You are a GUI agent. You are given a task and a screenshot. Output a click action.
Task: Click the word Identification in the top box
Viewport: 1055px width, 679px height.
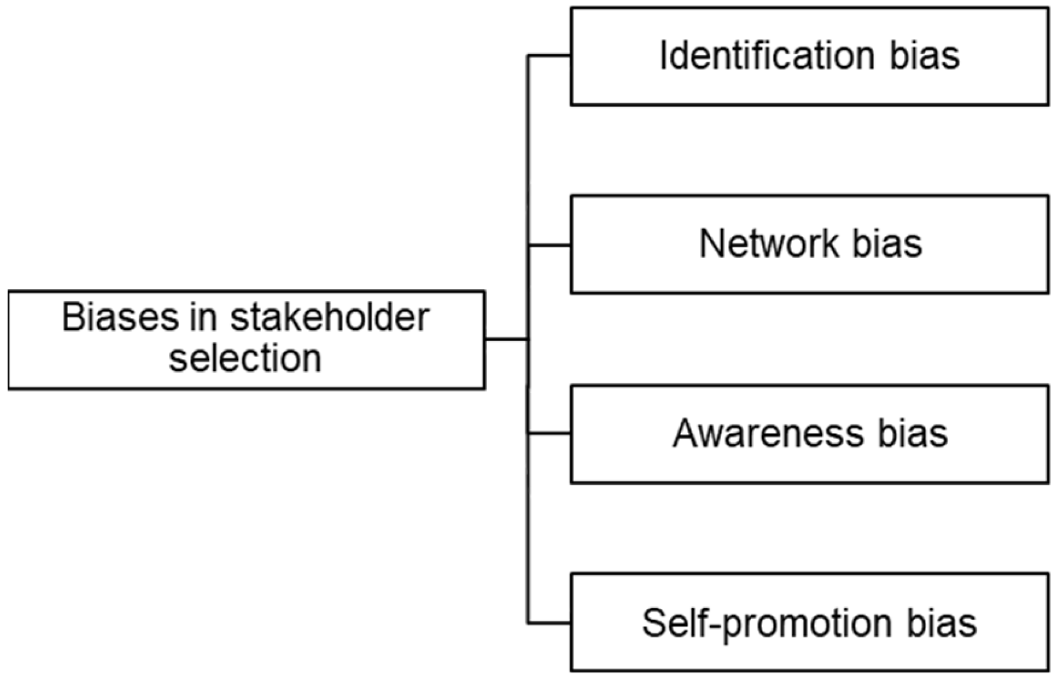coord(767,56)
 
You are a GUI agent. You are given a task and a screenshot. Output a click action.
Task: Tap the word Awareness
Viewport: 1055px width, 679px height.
coord(767,434)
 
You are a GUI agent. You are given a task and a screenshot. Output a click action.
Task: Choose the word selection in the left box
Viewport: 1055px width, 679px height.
coord(245,358)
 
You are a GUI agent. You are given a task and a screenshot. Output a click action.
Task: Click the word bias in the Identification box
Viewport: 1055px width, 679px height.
coord(924,56)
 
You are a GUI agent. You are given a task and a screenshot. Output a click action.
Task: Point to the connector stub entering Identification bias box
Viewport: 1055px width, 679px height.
coord(549,56)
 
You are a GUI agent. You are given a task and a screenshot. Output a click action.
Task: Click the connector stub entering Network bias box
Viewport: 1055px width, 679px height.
coord(549,245)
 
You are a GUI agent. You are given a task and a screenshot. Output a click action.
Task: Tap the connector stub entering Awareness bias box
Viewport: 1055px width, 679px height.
coord(549,434)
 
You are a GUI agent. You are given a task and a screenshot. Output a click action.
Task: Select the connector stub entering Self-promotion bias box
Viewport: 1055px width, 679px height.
coord(549,623)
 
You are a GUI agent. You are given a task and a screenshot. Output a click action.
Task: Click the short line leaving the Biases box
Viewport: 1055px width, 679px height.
coord(506,339)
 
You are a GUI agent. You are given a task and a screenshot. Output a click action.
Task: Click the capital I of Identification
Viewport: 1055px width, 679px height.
coord(664,56)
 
